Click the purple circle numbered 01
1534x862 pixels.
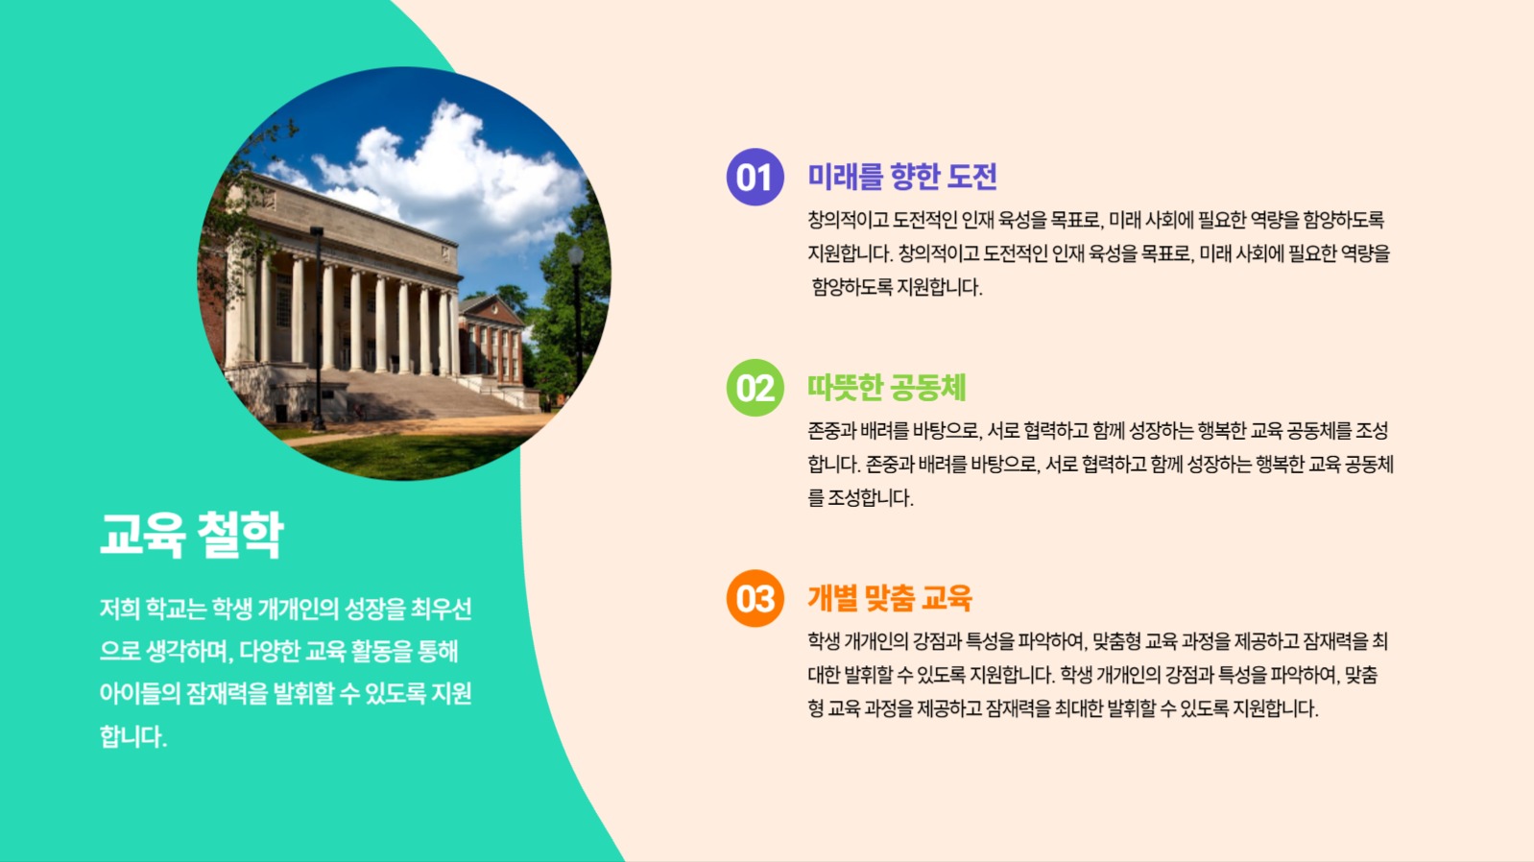click(755, 177)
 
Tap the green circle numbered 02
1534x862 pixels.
click(755, 388)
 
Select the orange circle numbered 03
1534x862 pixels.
click(755, 598)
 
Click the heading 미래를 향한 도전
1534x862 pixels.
click(901, 177)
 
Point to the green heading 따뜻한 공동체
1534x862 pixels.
click(886, 388)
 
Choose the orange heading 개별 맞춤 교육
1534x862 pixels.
click(889, 598)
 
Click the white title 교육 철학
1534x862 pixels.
click(192, 534)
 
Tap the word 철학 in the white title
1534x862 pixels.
click(240, 534)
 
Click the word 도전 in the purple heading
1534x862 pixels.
click(972, 177)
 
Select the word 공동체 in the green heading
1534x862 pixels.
click(927, 388)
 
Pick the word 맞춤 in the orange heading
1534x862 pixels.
click(889, 598)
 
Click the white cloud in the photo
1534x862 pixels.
click(451, 173)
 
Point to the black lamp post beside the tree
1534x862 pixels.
click(576, 317)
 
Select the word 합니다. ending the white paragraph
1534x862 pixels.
click(132, 736)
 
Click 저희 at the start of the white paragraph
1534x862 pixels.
click(120, 609)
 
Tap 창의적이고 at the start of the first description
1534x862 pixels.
click(848, 220)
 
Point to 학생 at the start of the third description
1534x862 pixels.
click(824, 640)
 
